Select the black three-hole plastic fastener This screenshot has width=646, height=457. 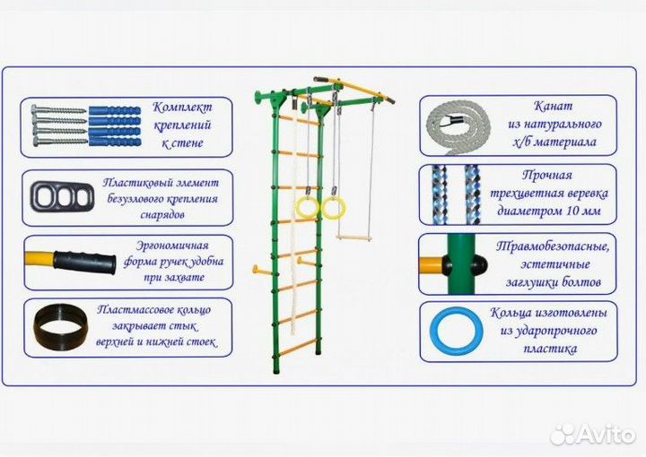(x=56, y=196)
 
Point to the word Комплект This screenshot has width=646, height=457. (x=183, y=104)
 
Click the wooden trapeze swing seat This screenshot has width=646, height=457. (x=353, y=239)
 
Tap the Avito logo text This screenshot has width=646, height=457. (x=604, y=435)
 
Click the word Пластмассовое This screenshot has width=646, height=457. (x=132, y=310)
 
